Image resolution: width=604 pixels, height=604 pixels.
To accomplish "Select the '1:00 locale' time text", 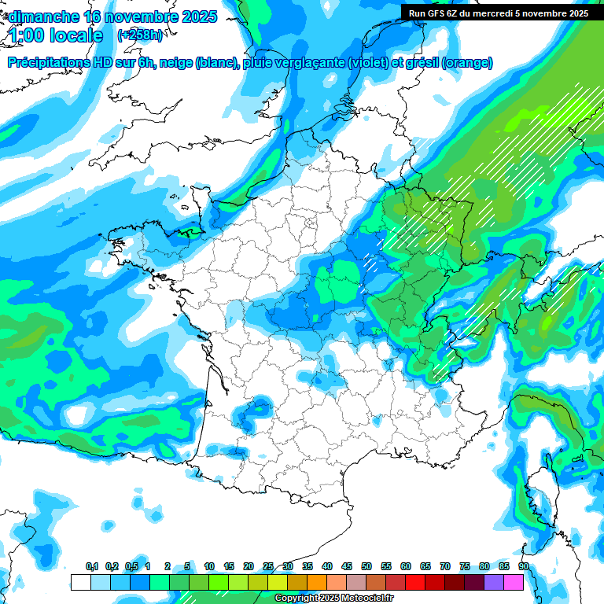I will coord(57,35).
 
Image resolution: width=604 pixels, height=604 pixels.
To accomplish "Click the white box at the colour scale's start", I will coord(80,582).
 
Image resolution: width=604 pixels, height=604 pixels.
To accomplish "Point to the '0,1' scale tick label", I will coord(92,567).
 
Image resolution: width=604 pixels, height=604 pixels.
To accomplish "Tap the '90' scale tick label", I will coord(524,567).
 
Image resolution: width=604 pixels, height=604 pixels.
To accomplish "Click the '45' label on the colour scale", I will coord(347,567).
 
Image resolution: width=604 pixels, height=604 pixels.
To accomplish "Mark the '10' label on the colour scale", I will coord(209,567).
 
